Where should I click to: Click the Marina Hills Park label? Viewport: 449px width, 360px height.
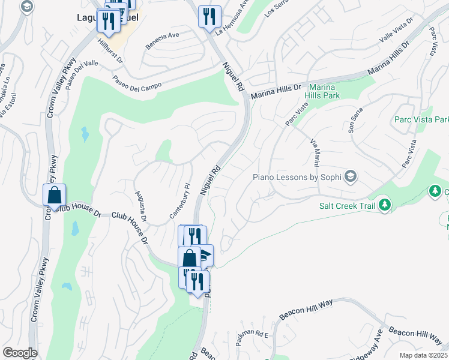322,91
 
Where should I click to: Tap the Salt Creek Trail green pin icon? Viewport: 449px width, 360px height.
385,205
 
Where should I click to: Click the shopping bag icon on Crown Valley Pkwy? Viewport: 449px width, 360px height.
54,196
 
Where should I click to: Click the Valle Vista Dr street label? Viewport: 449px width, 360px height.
396,29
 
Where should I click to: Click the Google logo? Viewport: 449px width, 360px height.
20,353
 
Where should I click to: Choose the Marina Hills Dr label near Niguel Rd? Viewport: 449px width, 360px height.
276,91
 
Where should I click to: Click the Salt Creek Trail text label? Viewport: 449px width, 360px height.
348,206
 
